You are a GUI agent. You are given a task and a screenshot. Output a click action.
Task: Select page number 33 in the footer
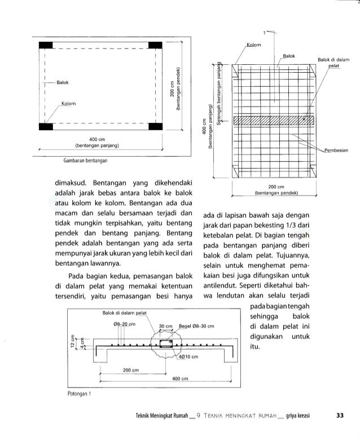click(340, 416)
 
